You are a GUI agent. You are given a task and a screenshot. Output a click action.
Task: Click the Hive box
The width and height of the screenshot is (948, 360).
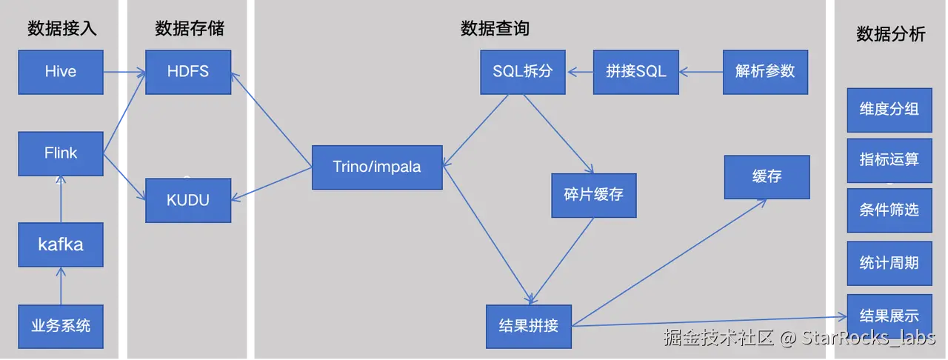coord(61,72)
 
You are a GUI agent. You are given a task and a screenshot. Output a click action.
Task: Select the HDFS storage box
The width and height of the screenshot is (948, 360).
coord(188,72)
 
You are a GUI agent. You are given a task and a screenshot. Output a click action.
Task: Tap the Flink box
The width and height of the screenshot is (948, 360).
coord(61,153)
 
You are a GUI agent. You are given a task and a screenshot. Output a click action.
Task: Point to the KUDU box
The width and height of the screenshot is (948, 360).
coord(188,200)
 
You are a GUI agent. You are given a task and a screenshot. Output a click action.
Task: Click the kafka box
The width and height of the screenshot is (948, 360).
coord(61,244)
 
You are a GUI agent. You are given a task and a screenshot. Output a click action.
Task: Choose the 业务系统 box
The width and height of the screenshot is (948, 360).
coord(61,325)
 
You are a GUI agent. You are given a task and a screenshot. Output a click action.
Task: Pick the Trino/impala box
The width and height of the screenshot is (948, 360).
coord(377,167)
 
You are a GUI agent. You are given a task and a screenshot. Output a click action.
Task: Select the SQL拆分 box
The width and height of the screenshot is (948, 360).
coord(523,72)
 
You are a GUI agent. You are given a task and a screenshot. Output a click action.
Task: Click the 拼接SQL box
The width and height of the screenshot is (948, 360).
coord(635,72)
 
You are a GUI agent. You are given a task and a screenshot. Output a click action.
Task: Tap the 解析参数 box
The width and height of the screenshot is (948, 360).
coord(765,71)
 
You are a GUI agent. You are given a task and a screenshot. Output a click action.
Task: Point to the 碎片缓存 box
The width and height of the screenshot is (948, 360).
coord(593,195)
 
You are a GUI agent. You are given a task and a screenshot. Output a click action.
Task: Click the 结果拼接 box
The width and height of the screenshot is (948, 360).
coord(529,326)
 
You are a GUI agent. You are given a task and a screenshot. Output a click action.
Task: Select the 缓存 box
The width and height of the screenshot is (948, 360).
coord(767,177)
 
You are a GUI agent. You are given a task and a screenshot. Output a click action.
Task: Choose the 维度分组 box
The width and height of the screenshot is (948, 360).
coord(889,109)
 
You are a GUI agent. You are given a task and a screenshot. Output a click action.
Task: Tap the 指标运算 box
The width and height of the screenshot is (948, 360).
coord(889,159)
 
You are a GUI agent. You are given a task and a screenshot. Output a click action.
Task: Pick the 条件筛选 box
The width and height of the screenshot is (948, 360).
coord(889,210)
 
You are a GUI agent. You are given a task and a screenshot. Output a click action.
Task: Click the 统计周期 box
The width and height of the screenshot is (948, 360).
coord(889,262)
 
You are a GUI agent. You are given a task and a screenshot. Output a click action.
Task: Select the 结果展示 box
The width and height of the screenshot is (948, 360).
coord(889,316)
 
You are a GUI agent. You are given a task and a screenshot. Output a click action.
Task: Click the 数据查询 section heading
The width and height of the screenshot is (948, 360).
coord(495,29)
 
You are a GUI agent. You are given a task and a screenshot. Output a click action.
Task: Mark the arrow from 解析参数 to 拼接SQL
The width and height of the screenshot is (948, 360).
coord(701,72)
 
